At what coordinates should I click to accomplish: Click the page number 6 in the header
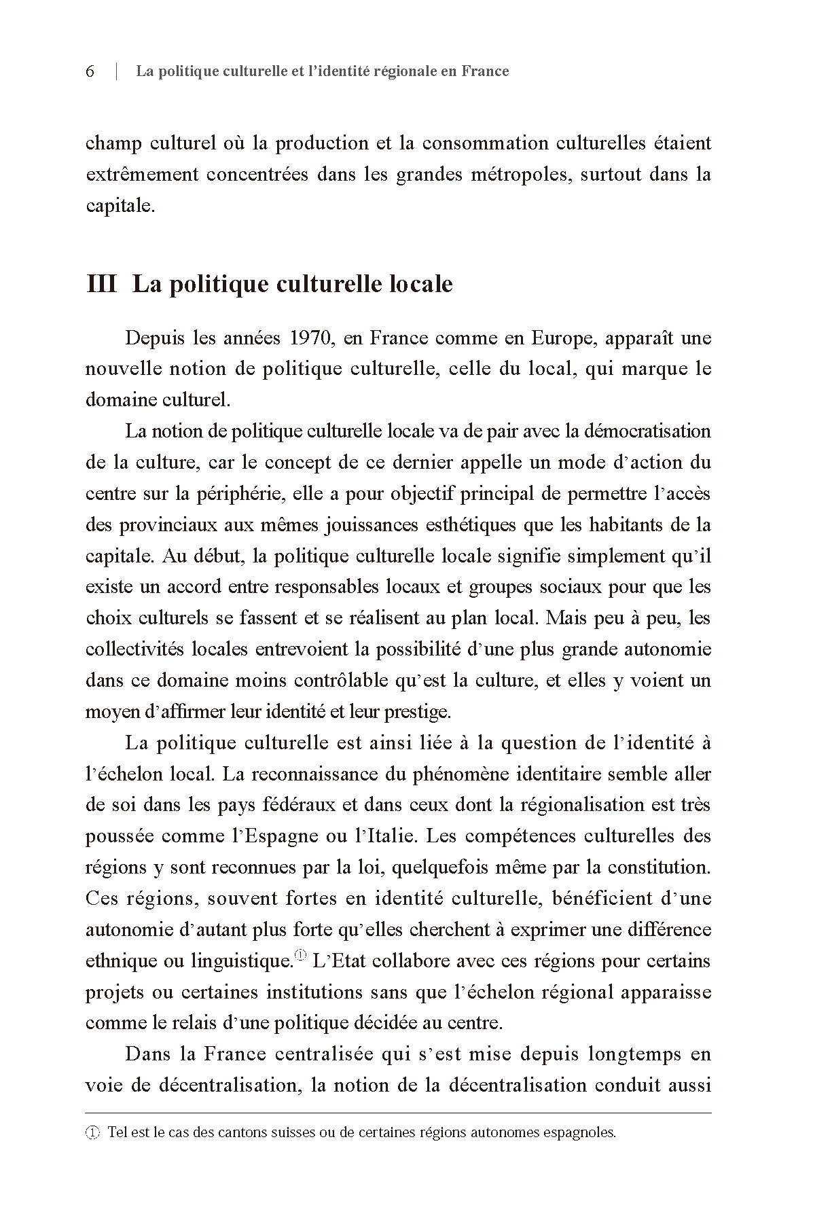click(x=90, y=71)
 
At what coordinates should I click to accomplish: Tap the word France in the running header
click(x=484, y=71)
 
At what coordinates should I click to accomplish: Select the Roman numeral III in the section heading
click(x=102, y=283)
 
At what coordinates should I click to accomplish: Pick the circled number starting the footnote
click(x=92, y=1133)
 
